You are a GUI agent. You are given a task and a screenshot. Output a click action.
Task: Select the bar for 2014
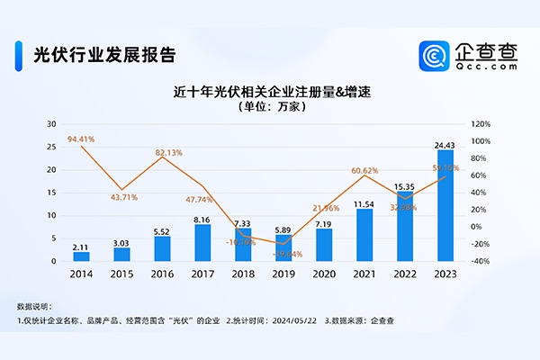coord(82,256)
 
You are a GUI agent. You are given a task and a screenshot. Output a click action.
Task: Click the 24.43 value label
coord(445,143)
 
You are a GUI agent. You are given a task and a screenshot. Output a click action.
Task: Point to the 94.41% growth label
coord(81,139)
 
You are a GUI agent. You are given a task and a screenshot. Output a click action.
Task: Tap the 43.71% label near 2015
coord(123,197)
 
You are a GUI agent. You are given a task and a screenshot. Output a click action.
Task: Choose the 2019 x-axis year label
coord(283,274)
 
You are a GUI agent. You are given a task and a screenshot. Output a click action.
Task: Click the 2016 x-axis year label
coord(163,274)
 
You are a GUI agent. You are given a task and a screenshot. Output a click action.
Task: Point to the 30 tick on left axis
coord(51,124)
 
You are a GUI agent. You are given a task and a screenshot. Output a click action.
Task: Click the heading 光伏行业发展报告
coord(103,51)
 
